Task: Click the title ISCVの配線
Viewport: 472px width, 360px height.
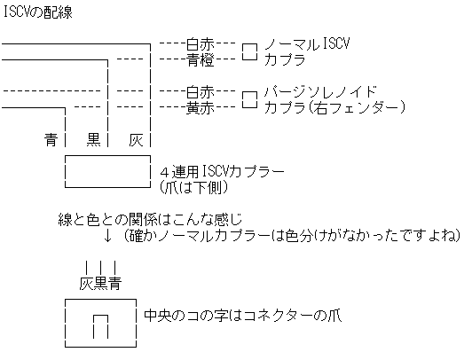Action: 37,12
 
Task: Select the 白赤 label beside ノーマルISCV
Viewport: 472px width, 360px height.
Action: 200,44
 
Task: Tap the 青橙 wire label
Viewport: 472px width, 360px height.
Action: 200,59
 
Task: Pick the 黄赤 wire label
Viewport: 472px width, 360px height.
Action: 200,107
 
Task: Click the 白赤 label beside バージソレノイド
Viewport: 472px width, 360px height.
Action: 200,91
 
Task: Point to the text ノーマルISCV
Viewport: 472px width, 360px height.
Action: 307,44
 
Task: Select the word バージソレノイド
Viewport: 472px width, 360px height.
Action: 320,91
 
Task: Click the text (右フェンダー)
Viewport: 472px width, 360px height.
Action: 357,107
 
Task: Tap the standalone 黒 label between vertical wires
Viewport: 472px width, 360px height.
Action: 93,139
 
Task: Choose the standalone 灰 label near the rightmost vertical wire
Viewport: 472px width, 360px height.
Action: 136,139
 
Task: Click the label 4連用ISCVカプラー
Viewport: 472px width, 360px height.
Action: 222,172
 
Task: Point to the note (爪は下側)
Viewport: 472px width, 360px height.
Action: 193,188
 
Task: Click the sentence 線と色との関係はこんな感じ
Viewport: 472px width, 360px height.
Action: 150,220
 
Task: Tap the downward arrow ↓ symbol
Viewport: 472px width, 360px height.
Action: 107,236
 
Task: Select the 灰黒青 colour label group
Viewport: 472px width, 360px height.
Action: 100,284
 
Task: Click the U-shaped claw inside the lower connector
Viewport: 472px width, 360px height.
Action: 100,315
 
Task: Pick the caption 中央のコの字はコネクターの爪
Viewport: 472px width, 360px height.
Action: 242,316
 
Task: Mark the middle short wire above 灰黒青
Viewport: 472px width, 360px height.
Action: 100,268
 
